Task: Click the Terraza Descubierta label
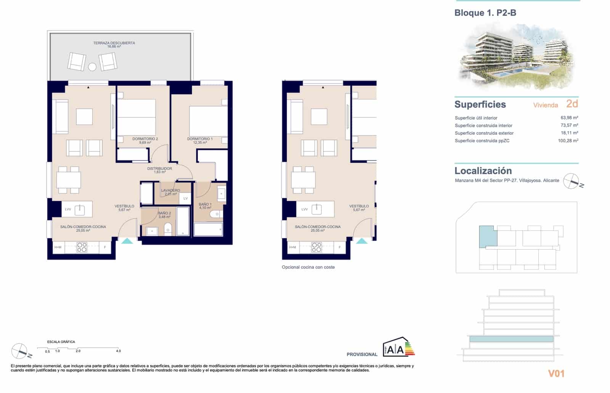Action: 114,44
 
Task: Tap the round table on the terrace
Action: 92,67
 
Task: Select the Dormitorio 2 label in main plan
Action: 145,140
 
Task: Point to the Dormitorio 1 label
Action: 200,140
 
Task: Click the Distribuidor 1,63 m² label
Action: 159,170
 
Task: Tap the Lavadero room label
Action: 170,192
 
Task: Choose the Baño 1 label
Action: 205,206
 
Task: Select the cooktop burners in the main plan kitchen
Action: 82,247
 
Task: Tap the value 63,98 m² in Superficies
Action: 569,118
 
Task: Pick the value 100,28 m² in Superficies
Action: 568,141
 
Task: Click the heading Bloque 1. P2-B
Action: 485,13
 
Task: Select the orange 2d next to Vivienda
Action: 572,104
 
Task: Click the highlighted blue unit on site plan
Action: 487,236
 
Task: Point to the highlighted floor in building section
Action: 511,339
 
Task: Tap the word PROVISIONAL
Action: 362,355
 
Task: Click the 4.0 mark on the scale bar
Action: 118,351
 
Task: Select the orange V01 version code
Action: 556,374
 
